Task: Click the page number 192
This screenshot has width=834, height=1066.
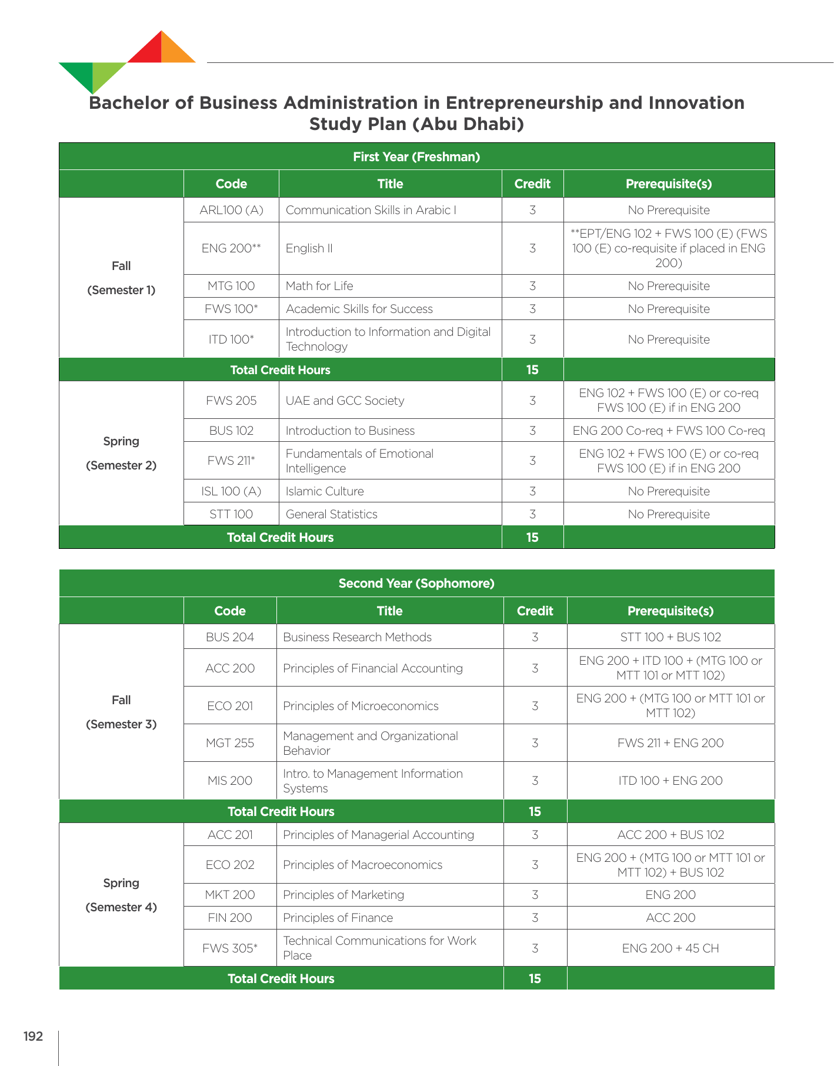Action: pos(33,1036)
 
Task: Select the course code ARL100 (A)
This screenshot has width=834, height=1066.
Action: pos(231,210)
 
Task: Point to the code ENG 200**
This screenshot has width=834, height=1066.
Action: pos(231,248)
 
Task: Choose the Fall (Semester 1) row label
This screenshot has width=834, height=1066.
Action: pos(121,278)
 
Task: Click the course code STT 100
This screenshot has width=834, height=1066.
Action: pos(231,514)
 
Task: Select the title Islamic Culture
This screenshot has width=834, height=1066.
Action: pos(325,491)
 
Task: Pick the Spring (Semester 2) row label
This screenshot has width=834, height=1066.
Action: pos(121,453)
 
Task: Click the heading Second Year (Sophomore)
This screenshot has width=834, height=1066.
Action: pos(416,584)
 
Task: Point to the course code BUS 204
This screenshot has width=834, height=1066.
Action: pos(230,637)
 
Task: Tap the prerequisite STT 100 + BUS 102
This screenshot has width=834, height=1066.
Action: pos(670,637)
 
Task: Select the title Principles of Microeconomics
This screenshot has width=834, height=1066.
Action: pos(361,706)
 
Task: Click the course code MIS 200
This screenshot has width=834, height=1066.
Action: pos(230,781)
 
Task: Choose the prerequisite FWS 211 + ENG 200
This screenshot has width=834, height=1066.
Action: pos(670,743)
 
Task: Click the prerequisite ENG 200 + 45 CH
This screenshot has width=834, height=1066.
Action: pos(670,948)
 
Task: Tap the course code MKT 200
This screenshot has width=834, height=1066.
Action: pos(230,895)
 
